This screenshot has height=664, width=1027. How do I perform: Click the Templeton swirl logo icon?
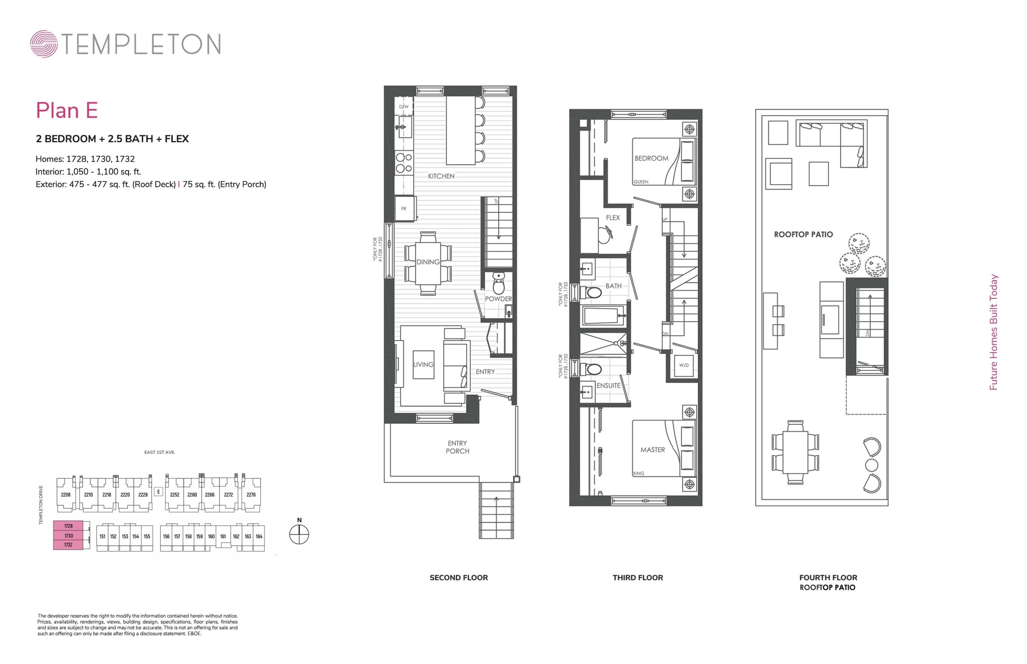43,43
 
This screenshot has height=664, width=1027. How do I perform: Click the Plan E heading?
67,110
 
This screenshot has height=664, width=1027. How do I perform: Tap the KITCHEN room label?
441,176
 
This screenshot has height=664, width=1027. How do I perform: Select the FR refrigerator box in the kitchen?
404,209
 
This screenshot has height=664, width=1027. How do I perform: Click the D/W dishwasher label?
403,106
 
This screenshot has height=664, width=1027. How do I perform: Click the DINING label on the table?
428,262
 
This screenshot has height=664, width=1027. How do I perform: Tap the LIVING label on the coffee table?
423,364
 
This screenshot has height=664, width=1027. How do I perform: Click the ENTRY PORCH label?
457,447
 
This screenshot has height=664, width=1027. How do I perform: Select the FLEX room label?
613,218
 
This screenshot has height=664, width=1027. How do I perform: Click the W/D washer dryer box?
684,365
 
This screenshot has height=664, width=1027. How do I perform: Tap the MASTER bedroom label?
652,450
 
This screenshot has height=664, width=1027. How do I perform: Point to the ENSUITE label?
608,385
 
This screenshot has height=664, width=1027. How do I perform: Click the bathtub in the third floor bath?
603,316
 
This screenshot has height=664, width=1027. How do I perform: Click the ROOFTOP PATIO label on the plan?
803,234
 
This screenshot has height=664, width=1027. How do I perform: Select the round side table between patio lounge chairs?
871,465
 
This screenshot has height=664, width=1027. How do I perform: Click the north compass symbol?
299,535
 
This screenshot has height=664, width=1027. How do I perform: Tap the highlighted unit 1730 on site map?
68,536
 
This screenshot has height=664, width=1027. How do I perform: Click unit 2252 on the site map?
174,495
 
